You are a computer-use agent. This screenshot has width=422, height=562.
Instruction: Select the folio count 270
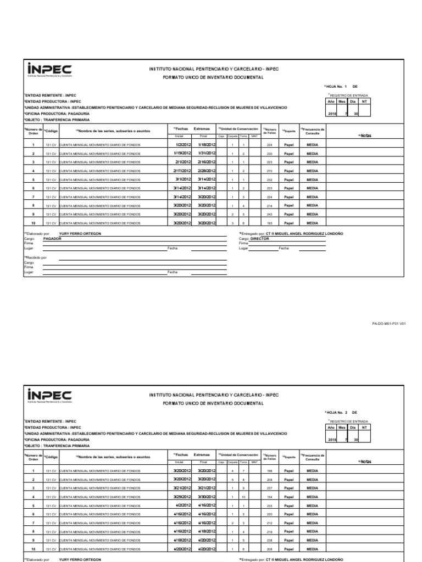point(269,171)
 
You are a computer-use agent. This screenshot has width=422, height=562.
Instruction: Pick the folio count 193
point(269,223)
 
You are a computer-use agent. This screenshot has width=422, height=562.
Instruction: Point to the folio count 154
point(269,496)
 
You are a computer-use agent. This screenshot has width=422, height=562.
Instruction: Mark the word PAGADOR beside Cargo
point(52,239)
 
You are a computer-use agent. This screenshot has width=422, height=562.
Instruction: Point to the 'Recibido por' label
point(35,257)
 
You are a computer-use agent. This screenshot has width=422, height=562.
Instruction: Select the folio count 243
point(269,215)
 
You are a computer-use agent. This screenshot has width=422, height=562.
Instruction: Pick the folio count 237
point(269,487)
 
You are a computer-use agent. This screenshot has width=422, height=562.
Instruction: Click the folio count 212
point(269,522)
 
